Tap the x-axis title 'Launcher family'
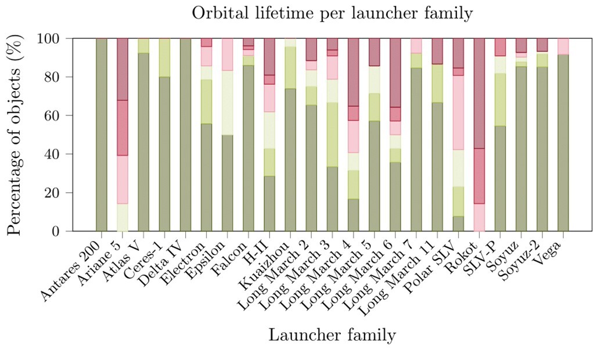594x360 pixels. [x=332, y=335]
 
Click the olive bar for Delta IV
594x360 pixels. [x=185, y=135]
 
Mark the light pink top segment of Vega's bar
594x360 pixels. [x=563, y=46]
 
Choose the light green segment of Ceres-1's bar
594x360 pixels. [x=164, y=57]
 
